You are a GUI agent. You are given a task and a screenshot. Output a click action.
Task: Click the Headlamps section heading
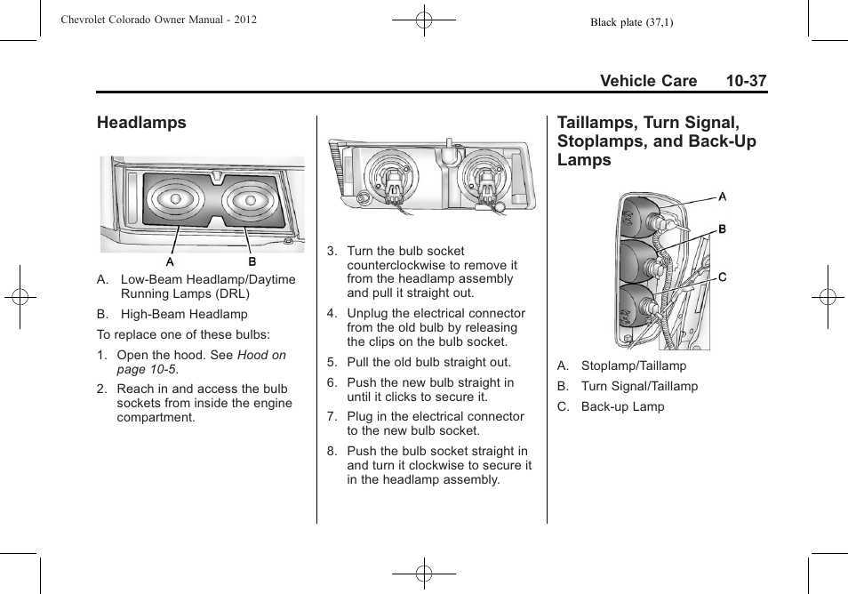pos(142,123)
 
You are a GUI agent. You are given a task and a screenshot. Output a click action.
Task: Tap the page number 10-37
pos(745,81)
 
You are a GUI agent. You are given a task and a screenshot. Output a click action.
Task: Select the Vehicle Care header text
pos(648,81)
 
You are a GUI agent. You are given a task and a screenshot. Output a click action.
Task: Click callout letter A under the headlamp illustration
pos(170,262)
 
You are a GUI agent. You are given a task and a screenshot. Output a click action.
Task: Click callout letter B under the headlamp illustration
pos(252,262)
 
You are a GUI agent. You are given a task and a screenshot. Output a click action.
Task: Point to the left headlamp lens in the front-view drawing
pos(175,200)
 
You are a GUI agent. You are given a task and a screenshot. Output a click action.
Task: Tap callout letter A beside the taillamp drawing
pos(723,196)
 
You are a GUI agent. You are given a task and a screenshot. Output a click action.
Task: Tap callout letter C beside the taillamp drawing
pos(723,277)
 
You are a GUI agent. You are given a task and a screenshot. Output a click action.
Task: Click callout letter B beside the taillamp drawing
pos(723,229)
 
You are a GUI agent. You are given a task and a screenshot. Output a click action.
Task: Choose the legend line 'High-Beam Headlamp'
pos(184,314)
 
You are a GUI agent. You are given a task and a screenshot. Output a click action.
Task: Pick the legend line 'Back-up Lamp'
pos(622,406)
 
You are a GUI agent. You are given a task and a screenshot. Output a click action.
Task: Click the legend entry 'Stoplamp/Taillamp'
pos(633,365)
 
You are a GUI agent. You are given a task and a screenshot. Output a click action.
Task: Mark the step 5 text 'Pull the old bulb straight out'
pos(428,362)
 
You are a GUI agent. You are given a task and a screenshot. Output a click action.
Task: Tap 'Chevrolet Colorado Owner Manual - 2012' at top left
pos(158,20)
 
